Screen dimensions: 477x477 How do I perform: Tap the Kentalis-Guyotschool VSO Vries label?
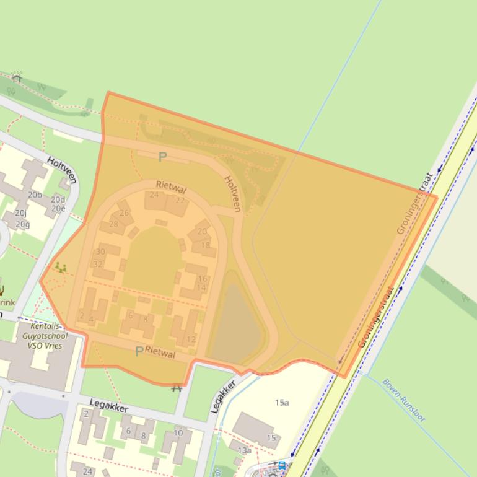point(45,336)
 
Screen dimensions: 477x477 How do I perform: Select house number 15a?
point(282,403)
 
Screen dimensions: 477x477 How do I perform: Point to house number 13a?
point(245,450)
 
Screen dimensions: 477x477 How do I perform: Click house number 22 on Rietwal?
point(180,200)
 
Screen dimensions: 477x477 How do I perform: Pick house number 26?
point(124,212)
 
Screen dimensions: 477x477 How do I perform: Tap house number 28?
point(113,224)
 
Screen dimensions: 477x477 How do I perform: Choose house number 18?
point(205,245)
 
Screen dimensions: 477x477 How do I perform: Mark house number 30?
point(100,252)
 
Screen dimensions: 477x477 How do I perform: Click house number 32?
point(98,264)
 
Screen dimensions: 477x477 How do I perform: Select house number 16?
point(202,279)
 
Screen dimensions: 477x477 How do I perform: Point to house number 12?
point(191,339)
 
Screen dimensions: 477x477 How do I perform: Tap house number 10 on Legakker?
point(178,433)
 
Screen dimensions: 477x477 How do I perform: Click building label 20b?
point(36,195)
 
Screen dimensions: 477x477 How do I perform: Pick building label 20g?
point(23,224)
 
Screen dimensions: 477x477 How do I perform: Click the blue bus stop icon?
point(282,465)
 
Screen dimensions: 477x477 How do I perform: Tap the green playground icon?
point(60,267)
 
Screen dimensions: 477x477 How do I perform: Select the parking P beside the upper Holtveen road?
point(162,157)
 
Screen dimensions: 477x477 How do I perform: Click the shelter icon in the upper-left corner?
point(17,78)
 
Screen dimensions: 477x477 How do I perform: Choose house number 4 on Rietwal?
point(91,320)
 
